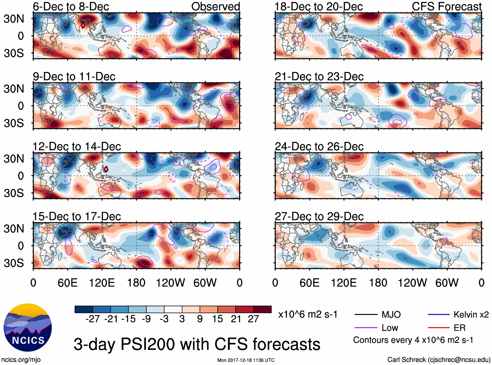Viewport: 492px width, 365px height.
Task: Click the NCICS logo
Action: point(28,327)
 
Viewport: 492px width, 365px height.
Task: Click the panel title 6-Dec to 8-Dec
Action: point(71,7)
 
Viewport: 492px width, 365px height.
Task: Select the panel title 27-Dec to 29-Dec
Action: point(319,217)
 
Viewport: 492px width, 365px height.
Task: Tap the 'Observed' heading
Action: point(215,7)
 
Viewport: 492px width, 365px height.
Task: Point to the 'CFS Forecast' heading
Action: point(446,7)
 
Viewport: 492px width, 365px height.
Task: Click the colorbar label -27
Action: point(93,319)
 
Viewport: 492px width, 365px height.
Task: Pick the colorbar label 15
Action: point(217,319)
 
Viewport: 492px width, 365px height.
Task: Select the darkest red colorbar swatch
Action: point(262,309)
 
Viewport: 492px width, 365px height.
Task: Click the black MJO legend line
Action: point(366,315)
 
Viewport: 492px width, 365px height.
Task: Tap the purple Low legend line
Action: point(366,328)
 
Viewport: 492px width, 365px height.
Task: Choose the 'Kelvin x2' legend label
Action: point(471,315)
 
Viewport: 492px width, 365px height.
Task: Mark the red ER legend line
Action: point(439,328)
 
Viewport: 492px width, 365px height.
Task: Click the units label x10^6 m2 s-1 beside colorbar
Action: point(308,315)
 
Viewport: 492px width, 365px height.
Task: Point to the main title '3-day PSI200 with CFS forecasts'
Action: point(197,344)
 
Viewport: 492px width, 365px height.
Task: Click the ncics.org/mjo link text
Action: point(21,360)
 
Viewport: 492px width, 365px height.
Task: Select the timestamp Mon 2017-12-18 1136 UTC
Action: point(246,360)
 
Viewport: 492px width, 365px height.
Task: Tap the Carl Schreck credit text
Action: point(439,360)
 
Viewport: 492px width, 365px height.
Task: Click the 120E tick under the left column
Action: point(102,283)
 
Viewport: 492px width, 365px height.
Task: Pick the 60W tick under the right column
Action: point(447,283)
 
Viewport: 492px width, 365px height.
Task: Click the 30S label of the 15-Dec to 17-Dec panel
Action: point(14,263)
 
